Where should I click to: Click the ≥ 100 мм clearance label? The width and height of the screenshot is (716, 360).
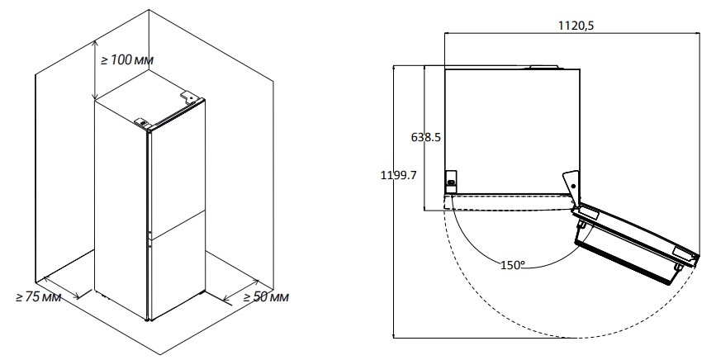[127, 59]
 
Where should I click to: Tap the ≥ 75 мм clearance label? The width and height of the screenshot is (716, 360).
[38, 297]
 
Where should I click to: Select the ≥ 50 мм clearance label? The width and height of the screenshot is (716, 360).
[266, 297]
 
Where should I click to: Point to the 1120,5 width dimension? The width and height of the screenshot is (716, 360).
[576, 26]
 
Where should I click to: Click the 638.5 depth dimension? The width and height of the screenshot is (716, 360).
[426, 137]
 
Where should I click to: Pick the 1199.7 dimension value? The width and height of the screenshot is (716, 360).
[399, 175]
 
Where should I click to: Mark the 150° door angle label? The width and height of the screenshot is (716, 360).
[513, 265]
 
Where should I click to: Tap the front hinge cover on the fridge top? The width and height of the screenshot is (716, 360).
[143, 122]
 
